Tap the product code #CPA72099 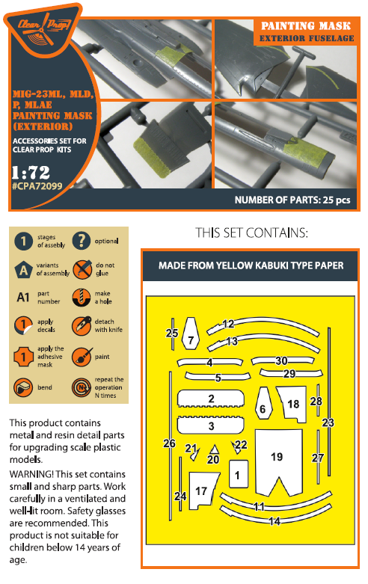pyautogui.click(x=37, y=186)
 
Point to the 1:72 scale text pyautogui.click(x=31, y=173)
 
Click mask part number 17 pyautogui.click(x=202, y=491)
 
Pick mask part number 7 pyautogui.click(x=190, y=334)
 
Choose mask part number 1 pyautogui.click(x=239, y=474)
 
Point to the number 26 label pyautogui.click(x=169, y=443)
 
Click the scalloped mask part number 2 pyautogui.click(x=211, y=398)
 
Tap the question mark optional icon pyautogui.click(x=82, y=240)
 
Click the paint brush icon pyautogui.click(x=82, y=357)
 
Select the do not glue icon pyautogui.click(x=82, y=269)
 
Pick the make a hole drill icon pyautogui.click(x=82, y=298)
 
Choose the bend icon pyautogui.click(x=23, y=387)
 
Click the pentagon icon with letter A pyautogui.click(x=23, y=270)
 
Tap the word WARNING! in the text pyautogui.click(x=31, y=474)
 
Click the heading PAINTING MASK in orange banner pyautogui.click(x=306, y=25)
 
